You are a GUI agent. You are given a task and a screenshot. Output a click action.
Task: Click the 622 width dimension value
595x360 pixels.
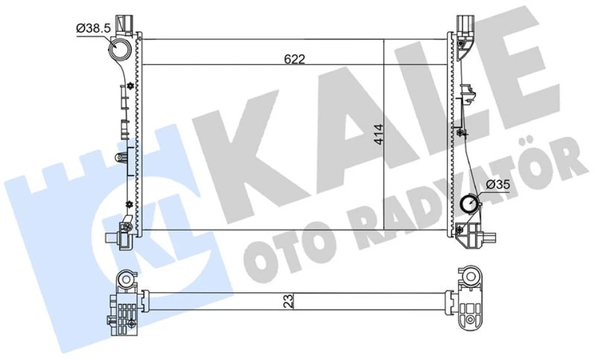[294, 59]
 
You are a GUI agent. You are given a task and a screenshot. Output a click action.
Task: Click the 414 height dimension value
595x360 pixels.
[378, 134]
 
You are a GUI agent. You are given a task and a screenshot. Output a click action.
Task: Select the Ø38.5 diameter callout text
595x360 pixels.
[93, 28]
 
